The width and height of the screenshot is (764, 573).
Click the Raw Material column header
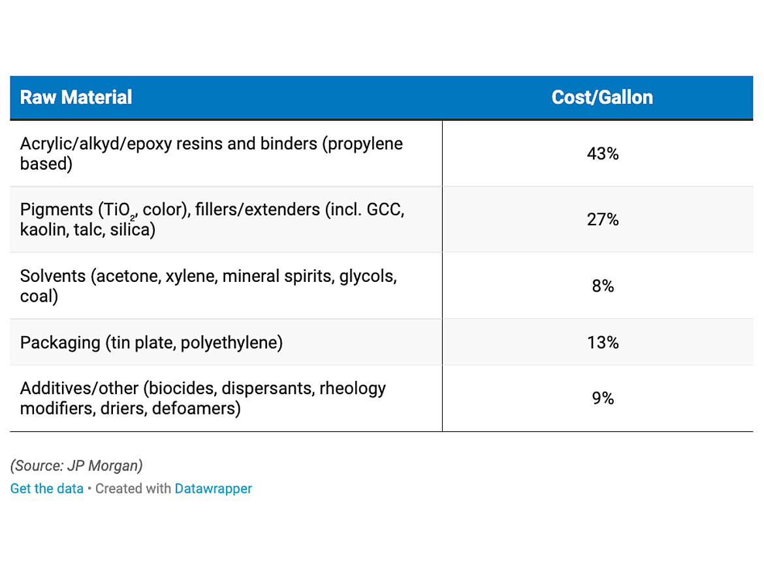click(x=76, y=97)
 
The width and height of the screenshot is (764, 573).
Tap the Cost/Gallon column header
click(x=601, y=97)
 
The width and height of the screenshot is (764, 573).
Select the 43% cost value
click(x=602, y=154)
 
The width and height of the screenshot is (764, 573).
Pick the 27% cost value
click(x=602, y=219)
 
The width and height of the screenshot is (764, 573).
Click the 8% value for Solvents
click(x=602, y=286)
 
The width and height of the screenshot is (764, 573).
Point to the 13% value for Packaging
click(x=602, y=342)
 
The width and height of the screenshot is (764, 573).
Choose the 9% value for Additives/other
click(x=602, y=398)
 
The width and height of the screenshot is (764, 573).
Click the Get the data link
click(x=47, y=488)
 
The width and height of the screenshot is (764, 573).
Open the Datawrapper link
click(x=213, y=488)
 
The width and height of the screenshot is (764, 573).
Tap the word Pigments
click(x=56, y=209)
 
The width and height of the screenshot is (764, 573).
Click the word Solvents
click(x=53, y=276)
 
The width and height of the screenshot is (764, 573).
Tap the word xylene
click(x=189, y=276)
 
